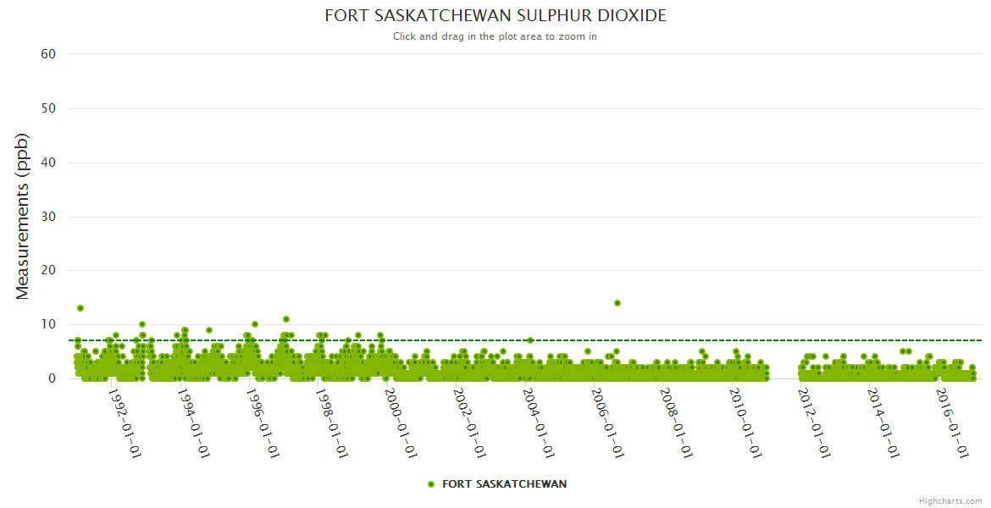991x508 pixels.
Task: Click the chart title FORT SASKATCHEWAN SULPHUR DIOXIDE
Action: pos(495,16)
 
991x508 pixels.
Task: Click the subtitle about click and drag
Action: pos(495,36)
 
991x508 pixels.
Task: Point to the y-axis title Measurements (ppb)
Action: pos(23,216)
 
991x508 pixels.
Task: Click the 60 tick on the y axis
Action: pos(48,54)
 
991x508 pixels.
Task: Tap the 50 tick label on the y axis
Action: pos(48,108)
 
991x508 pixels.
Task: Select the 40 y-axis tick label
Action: pos(48,163)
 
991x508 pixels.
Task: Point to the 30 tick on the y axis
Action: pos(48,217)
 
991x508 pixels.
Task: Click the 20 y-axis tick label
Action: pos(48,271)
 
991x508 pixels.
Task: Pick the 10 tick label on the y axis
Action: pos(48,324)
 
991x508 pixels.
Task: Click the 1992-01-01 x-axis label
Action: pos(125,422)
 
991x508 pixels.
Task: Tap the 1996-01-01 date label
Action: pos(263,422)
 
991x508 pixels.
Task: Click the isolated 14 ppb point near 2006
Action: pos(617,302)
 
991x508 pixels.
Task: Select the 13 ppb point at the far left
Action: pos(80,308)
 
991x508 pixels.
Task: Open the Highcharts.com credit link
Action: pos(950,501)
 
